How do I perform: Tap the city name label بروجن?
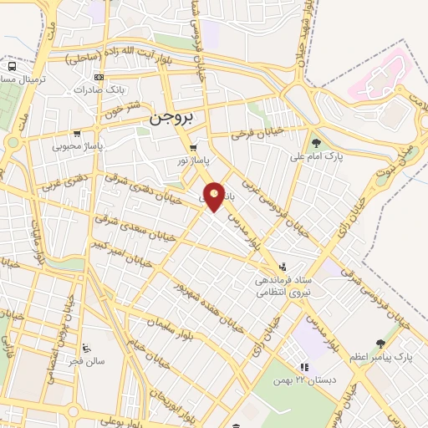[x=171, y=119]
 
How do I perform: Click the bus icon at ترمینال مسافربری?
[x=12, y=66]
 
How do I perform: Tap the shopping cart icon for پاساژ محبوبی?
[x=78, y=133]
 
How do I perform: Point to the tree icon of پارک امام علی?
[x=315, y=142]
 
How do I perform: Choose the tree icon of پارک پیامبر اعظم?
[x=381, y=344]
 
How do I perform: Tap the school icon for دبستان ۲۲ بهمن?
[x=304, y=366]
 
